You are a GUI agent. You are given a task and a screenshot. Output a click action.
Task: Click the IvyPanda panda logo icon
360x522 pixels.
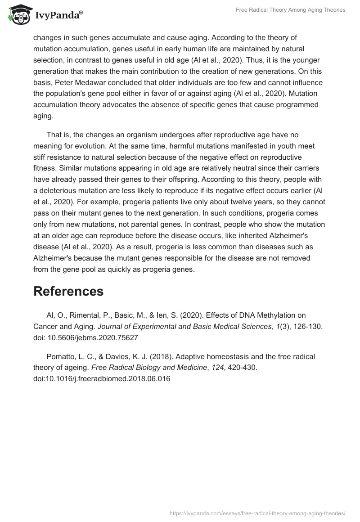17,15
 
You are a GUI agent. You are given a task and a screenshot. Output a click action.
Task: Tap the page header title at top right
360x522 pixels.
290,10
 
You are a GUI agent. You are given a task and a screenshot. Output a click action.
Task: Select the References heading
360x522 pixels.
68,291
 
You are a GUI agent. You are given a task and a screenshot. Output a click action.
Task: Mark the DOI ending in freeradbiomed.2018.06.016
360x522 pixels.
102,378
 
